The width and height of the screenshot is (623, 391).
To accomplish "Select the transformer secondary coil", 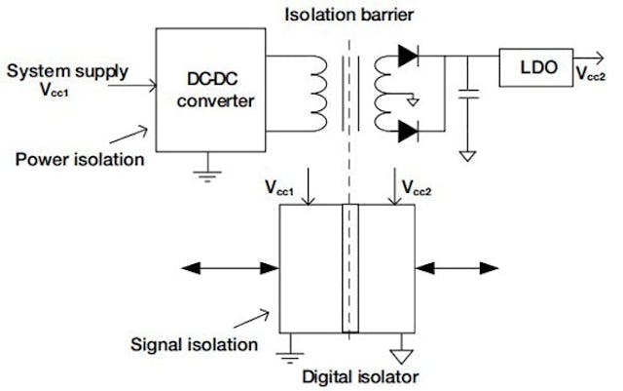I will [384, 93].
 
